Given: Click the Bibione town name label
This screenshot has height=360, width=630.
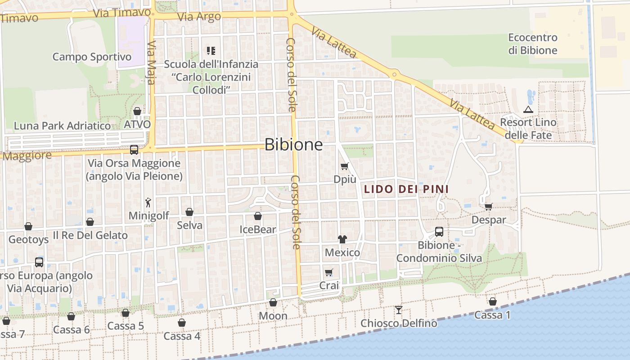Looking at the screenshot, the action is [293, 144].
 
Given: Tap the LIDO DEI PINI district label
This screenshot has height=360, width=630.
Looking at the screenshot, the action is [406, 189].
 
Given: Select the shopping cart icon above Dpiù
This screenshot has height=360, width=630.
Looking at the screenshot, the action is [345, 166].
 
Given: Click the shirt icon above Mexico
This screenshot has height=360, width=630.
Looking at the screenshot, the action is [342, 239].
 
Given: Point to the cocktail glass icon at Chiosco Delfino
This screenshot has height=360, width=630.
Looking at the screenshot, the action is [398, 310].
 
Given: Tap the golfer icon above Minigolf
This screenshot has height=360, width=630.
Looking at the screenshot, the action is [148, 203].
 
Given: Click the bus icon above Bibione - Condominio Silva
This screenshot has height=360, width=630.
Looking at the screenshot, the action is [439, 232].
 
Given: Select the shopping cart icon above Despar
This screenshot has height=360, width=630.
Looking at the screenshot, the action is [489, 207].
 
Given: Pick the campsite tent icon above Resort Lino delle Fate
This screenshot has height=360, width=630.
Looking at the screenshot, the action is [528, 109].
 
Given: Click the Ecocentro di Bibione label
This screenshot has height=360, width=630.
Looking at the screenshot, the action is [533, 44].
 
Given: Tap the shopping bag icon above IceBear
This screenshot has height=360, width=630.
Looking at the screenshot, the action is [258, 216].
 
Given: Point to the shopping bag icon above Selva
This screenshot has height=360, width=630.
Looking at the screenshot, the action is [189, 212].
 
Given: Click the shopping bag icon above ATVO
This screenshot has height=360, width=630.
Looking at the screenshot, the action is [137, 111].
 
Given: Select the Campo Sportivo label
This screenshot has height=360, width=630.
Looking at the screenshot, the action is [92, 57].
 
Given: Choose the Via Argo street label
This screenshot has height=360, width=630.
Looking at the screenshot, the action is [199, 17].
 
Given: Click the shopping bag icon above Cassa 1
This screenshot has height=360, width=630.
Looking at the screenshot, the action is [493, 301].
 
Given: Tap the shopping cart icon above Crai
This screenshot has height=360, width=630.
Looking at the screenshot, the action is [329, 272].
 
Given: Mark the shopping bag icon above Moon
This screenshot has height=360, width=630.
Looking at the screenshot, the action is [273, 302].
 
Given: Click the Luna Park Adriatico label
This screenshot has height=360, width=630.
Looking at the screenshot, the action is [62, 126].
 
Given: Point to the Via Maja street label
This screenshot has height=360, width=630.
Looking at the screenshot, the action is [151, 63].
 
